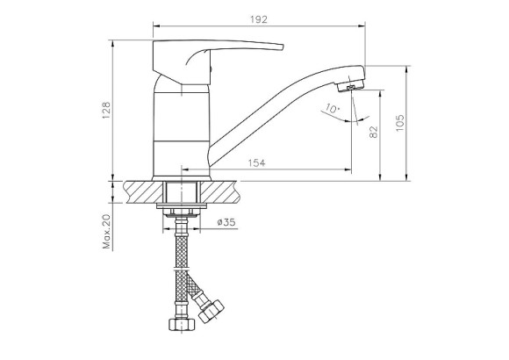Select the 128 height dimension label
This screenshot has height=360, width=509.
[x=107, y=110]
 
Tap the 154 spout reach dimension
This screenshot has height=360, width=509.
[x=256, y=162]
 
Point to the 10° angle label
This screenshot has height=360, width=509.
[x=331, y=109]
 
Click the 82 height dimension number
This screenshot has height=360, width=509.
[x=375, y=133]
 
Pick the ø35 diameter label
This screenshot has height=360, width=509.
[x=226, y=223]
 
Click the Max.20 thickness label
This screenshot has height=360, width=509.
[x=107, y=231]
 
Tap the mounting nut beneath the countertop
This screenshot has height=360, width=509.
[x=182, y=210]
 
